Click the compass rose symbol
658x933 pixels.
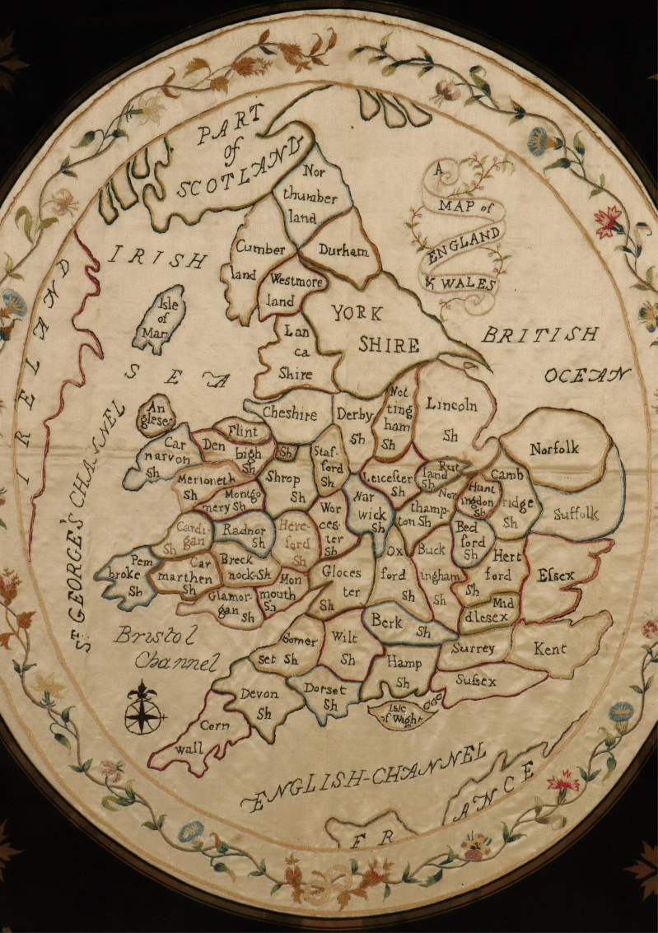143,709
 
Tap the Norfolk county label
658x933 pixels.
554,449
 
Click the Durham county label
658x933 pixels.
343,251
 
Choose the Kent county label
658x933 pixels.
549,650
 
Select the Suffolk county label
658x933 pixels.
575,515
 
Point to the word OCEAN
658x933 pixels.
586,376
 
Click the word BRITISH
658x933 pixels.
539,334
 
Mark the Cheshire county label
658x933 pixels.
290,415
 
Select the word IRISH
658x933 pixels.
157,257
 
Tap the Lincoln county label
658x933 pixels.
452,405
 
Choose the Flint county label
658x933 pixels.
243,431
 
